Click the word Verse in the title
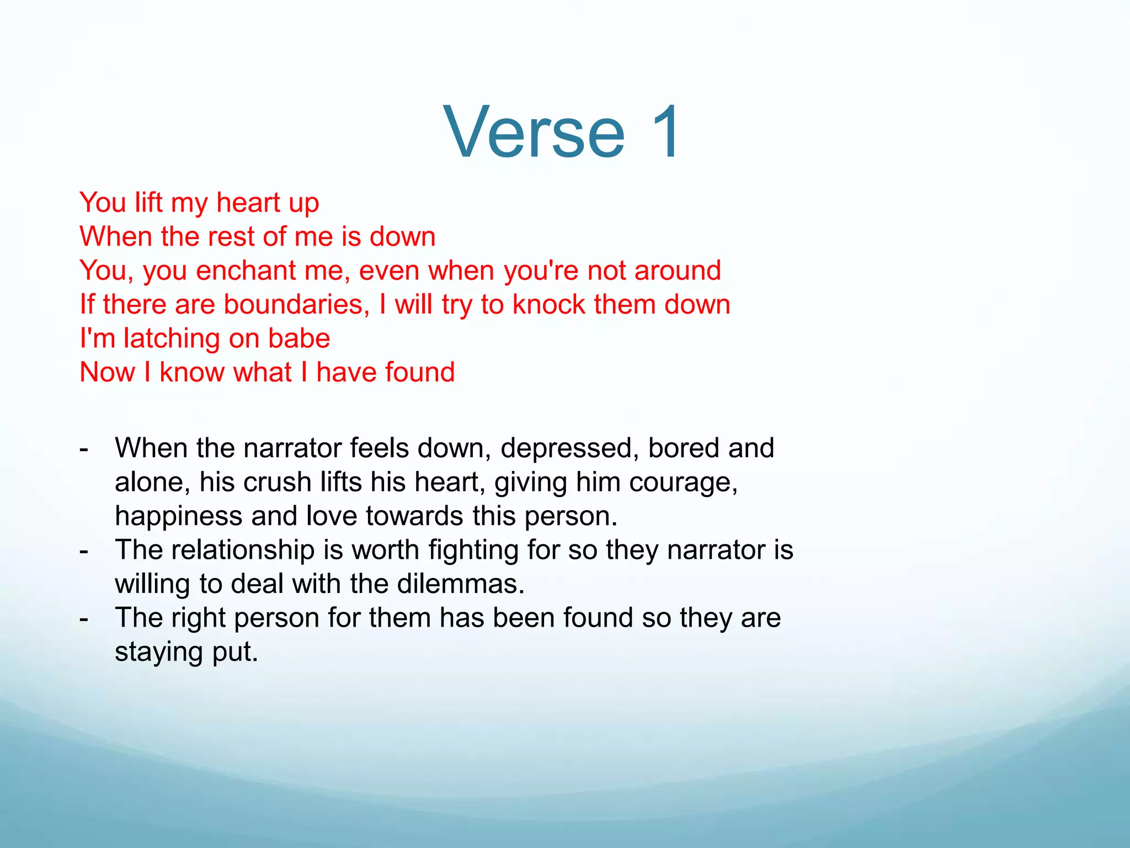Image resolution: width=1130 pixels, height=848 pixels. pos(534,132)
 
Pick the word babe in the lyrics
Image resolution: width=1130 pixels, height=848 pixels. pos(299,338)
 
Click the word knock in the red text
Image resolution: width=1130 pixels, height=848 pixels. pos(548,304)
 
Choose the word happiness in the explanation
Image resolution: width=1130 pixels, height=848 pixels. pos(179,516)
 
